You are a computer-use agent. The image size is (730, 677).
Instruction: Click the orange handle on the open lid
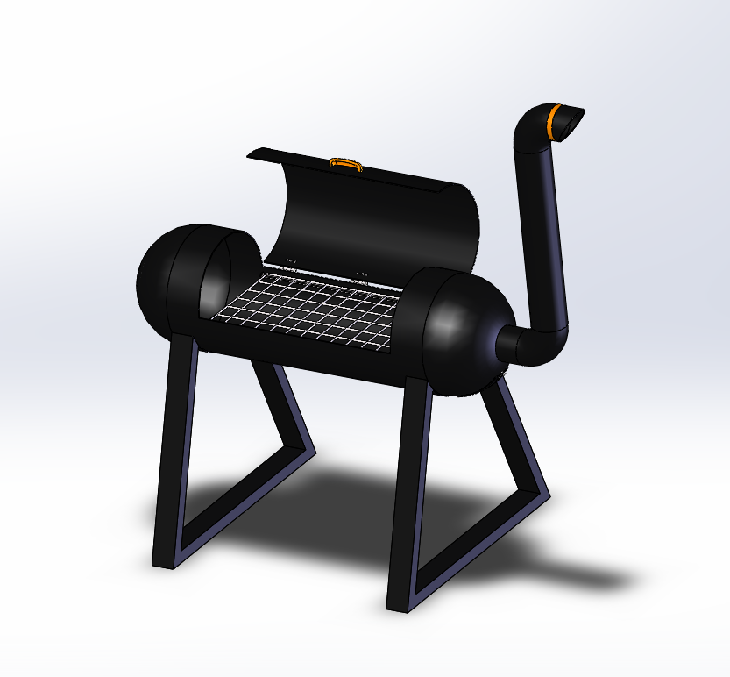pyautogui.click(x=345, y=162)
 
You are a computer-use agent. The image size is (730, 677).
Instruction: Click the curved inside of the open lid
pyautogui.click(x=368, y=219)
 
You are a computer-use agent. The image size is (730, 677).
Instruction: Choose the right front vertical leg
pyautogui.click(x=403, y=491)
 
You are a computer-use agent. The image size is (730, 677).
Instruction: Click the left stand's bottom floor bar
pyautogui.click(x=237, y=509)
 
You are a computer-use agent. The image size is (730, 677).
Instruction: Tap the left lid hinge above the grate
pyautogui.click(x=291, y=260)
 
